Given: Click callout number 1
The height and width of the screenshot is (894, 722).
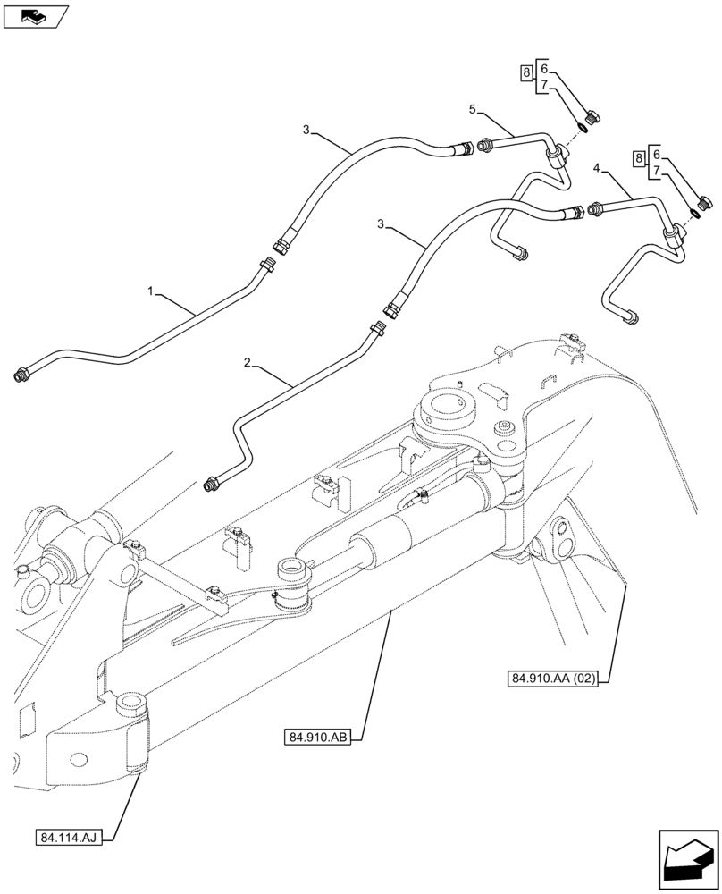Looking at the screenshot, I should pos(152,291).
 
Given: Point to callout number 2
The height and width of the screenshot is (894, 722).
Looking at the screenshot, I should pos(248,362).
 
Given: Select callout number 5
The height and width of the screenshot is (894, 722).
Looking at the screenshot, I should pos(473,109).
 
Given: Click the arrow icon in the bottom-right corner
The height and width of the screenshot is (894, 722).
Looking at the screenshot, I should pos(686,859).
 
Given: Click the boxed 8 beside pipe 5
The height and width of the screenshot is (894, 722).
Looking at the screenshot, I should pos(527,72).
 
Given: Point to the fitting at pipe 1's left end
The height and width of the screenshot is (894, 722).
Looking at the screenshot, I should pos(21,375).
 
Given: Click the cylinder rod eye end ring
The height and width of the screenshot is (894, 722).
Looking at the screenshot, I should pos(293,569).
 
